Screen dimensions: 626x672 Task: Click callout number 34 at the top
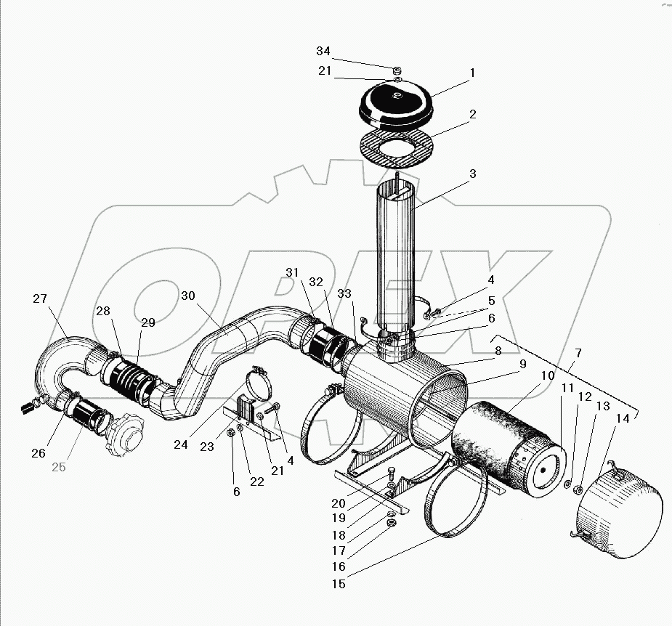(x=323, y=51)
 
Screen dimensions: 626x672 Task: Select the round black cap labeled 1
(x=396, y=102)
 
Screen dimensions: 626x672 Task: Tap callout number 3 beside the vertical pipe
(x=472, y=174)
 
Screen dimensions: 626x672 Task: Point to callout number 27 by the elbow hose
(x=40, y=298)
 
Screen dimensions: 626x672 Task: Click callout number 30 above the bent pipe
(x=188, y=296)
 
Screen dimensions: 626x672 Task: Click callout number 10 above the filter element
(x=548, y=375)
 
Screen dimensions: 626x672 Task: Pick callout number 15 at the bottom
(x=339, y=583)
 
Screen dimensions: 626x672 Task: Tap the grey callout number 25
(x=58, y=467)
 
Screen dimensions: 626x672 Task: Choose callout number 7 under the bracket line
(x=578, y=353)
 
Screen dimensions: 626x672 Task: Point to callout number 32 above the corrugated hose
(x=315, y=282)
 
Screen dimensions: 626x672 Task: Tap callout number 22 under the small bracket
(x=257, y=482)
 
